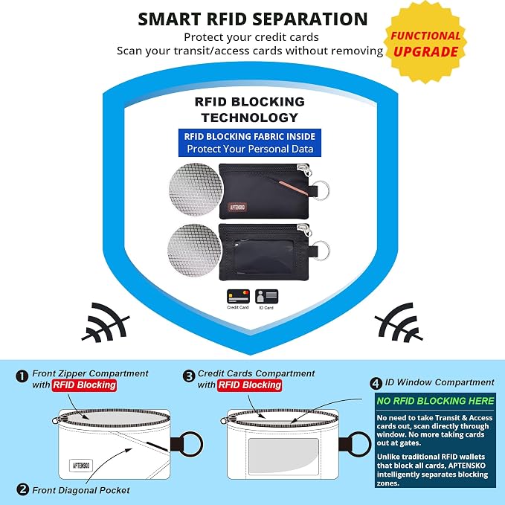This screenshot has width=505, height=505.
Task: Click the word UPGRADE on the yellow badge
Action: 425,52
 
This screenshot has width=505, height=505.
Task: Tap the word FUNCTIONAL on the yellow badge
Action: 425,36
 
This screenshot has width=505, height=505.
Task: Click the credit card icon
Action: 238,297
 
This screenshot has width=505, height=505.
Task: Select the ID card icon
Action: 266,297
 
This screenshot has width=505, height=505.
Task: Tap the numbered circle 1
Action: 22,376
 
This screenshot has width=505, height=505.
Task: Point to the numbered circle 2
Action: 22,490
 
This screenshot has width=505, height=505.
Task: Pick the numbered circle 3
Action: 189,376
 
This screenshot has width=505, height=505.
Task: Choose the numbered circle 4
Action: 376,383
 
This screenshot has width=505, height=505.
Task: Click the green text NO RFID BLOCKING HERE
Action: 435,401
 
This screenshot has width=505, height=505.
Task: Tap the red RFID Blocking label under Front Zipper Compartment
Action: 84,385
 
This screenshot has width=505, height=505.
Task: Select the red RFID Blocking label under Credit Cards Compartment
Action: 250,385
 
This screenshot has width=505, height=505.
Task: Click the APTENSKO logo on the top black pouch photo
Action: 237,207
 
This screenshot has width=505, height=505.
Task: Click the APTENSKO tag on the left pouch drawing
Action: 81,466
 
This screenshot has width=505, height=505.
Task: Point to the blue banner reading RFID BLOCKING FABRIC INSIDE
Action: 250,143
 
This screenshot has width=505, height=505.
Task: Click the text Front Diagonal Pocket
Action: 81,490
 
